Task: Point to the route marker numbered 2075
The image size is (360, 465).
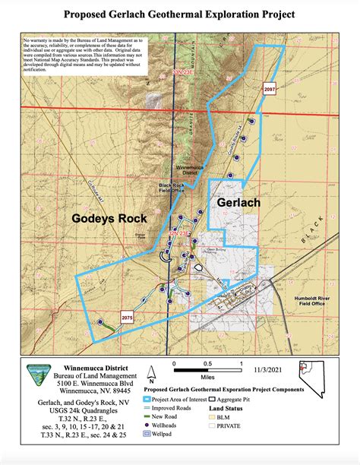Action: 128,317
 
